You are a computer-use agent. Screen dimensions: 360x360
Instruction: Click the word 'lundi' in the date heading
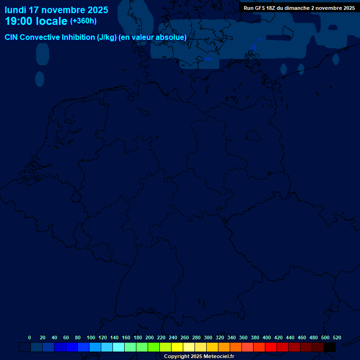click(x=15, y=10)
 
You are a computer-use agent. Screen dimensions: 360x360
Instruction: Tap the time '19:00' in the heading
click(x=20, y=21)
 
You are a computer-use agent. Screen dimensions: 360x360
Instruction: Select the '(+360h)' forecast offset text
click(x=83, y=21)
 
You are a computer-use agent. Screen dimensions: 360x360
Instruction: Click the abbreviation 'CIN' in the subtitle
click(x=12, y=37)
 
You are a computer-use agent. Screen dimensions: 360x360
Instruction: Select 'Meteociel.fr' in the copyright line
click(x=219, y=357)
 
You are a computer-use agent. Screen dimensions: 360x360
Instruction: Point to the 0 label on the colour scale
click(x=30, y=337)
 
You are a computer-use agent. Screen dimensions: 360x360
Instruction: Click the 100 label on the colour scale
click(x=91, y=337)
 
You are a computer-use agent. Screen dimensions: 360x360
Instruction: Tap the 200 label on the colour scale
click(x=150, y=337)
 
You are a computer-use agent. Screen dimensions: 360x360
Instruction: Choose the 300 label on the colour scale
click(x=208, y=337)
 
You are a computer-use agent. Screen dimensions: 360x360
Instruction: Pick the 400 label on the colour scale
click(x=267, y=337)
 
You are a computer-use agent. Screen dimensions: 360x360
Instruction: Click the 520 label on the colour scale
click(x=337, y=337)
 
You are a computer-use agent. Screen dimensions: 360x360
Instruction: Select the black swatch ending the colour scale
click(x=330, y=347)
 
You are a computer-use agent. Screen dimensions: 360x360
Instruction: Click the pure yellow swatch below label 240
click(x=177, y=347)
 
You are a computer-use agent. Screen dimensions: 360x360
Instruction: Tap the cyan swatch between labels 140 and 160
click(x=119, y=347)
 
